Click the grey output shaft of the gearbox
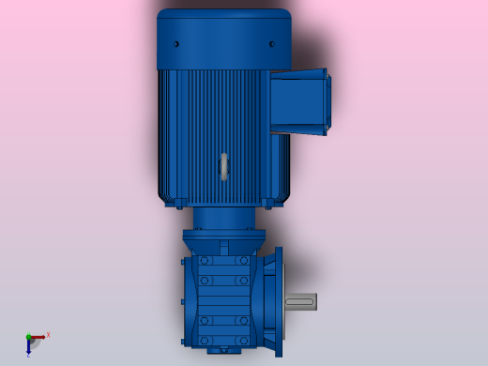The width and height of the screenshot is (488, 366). tap(302, 301)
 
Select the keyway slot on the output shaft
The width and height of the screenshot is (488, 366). tap(299, 301)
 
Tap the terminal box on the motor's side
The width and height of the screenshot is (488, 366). tap(299, 101)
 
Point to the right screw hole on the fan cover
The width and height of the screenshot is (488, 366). tap(272, 44)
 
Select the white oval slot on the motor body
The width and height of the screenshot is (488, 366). tap(223, 166)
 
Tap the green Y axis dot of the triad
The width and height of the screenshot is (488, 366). tap(28, 336)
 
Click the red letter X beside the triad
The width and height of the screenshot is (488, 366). tap(48, 334)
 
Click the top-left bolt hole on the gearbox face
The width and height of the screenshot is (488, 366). tap(204, 261)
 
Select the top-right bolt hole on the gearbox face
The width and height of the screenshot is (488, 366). tap(243, 261)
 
